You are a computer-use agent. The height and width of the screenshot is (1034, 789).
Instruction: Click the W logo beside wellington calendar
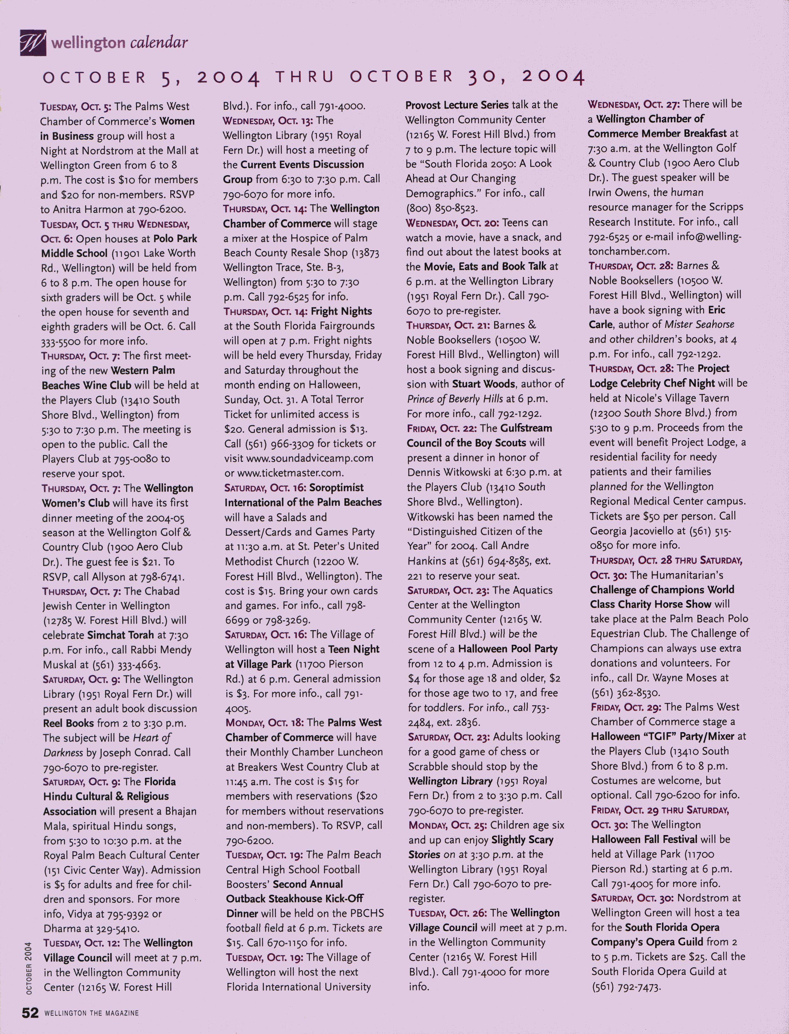(33, 43)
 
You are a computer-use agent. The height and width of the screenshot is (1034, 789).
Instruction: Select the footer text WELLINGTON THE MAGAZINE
(92, 1013)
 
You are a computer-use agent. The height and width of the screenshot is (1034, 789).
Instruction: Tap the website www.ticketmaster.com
(290, 473)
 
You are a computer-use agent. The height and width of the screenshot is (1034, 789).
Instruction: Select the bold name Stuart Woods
(483, 384)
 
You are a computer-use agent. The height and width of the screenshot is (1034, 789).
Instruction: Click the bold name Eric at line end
(717, 310)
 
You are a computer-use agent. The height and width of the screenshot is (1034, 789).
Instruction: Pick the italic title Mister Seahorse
(699, 325)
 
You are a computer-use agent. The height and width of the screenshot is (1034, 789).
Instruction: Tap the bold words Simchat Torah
(120, 635)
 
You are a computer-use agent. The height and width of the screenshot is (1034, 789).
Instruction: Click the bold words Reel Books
(69, 723)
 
